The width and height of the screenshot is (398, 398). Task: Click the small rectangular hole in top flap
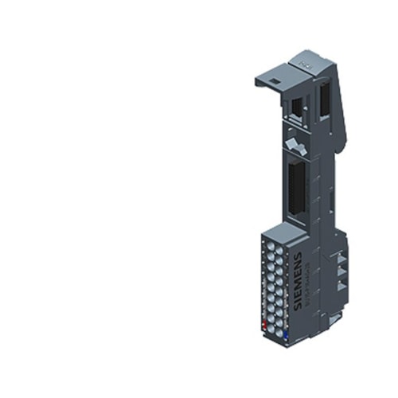point(271,80)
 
